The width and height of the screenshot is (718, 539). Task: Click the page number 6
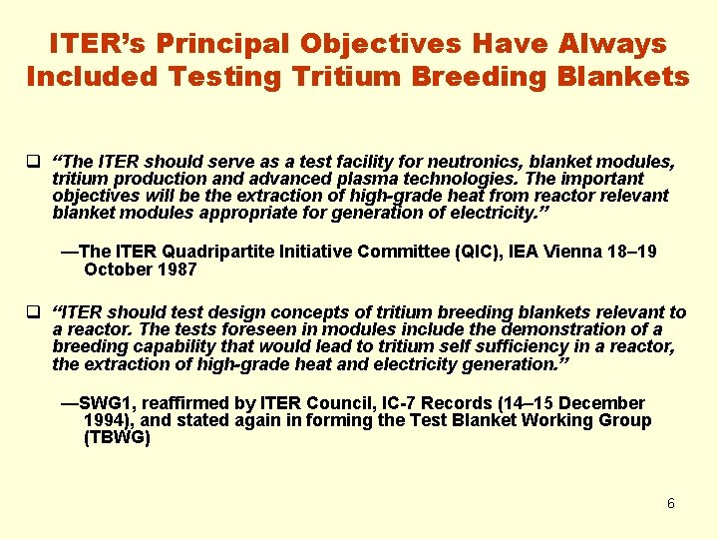point(671,503)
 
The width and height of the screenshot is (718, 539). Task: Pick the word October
point(118,269)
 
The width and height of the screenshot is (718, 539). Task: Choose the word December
point(604,403)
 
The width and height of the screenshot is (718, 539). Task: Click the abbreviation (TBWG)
point(117,437)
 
